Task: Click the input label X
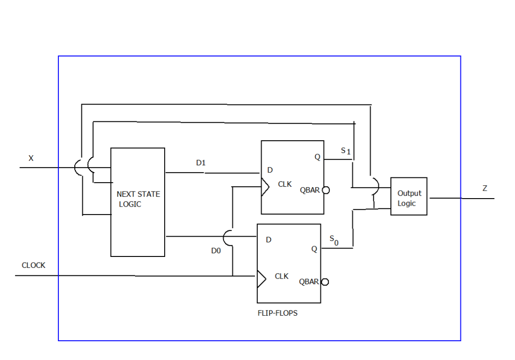click(31, 159)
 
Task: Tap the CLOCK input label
click(33, 265)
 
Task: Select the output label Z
click(485, 189)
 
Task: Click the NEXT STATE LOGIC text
click(138, 199)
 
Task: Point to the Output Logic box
click(409, 197)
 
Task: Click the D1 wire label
click(201, 163)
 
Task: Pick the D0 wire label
click(216, 251)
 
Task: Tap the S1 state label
click(346, 151)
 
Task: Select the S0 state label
click(333, 240)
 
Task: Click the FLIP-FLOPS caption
click(277, 313)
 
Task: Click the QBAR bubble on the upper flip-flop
click(325, 190)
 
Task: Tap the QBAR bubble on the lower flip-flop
click(324, 282)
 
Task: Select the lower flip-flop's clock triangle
click(261, 279)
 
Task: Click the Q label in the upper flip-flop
click(317, 157)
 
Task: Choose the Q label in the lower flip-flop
click(314, 249)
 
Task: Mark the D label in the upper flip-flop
click(270, 170)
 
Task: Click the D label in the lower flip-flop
click(269, 240)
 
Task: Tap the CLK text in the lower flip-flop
click(282, 276)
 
